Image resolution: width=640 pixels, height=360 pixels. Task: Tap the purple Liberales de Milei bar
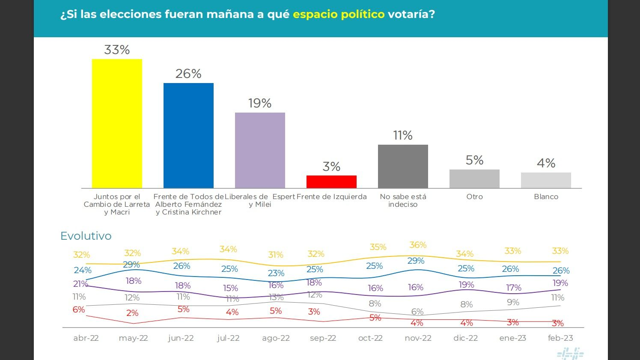[x=260, y=150]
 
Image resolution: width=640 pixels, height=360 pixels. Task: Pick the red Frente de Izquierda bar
[x=331, y=181]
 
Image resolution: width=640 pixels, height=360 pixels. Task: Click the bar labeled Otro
[x=474, y=179]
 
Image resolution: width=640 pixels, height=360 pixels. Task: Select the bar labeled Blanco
[x=546, y=180]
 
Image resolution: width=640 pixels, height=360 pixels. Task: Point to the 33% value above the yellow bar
[x=117, y=50]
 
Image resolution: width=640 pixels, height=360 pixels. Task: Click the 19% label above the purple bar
[x=260, y=103]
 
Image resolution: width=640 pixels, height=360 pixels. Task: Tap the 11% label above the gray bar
[x=403, y=135]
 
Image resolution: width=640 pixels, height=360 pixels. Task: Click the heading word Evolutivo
[x=86, y=236]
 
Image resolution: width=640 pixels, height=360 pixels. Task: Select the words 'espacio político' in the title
[x=339, y=14]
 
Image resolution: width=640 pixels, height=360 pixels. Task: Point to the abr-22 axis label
[x=86, y=338]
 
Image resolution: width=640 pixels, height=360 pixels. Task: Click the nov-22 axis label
[x=418, y=338]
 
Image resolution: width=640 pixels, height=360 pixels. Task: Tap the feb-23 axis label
[x=560, y=338]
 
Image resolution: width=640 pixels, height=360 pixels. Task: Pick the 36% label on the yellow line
[x=418, y=245]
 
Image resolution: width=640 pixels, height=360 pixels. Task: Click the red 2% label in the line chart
[x=132, y=313]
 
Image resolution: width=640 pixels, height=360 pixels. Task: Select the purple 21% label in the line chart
[x=80, y=284]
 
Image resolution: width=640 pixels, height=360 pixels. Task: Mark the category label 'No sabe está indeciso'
[x=403, y=200]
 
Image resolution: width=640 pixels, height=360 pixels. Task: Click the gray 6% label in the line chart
[x=417, y=312]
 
